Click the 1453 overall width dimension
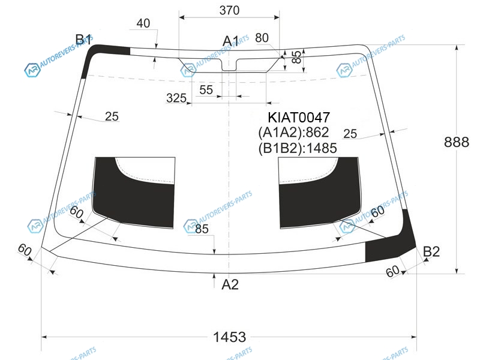click(x=229, y=337)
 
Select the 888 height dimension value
click(x=457, y=142)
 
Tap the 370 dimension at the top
click(x=229, y=10)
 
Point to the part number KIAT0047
click(x=299, y=117)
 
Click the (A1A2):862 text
click(x=293, y=132)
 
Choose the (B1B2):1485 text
click(x=298, y=148)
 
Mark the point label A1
click(x=230, y=41)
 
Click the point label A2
click(x=230, y=284)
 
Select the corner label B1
click(x=83, y=40)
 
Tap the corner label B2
click(x=431, y=251)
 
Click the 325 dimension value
click(x=176, y=98)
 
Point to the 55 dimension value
click(x=206, y=89)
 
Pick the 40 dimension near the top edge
click(x=143, y=23)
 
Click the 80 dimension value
click(x=262, y=38)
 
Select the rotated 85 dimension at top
click(x=296, y=57)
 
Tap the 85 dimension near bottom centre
click(x=202, y=229)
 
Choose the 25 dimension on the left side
click(x=112, y=116)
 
